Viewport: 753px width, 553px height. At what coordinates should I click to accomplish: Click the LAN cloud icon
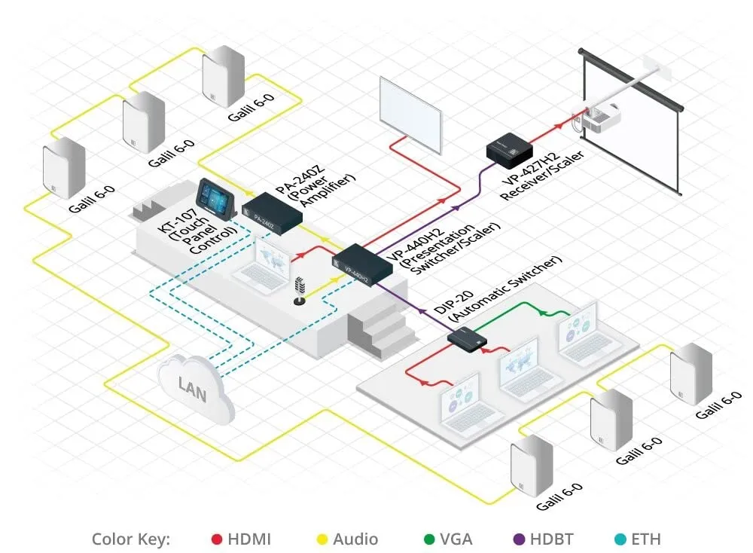(195, 386)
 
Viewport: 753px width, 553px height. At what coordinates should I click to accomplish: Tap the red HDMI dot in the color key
(217, 539)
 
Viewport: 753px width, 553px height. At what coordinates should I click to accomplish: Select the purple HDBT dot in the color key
(518, 539)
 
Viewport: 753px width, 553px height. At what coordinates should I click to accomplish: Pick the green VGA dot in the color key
(429, 539)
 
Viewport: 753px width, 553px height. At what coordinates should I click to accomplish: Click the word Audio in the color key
(355, 539)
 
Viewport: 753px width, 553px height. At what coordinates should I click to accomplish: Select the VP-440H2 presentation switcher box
(361, 265)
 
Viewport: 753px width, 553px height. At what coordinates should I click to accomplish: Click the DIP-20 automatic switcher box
(468, 339)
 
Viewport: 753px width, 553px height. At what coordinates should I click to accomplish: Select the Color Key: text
(131, 539)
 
